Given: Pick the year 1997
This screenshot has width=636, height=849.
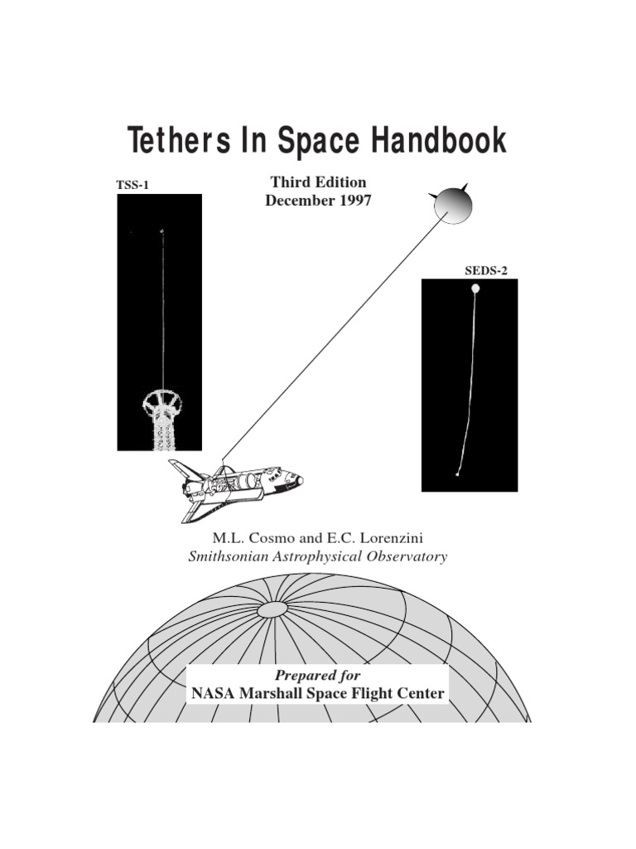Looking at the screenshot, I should (x=352, y=200).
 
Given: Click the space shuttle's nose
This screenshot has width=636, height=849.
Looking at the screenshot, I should (x=298, y=479).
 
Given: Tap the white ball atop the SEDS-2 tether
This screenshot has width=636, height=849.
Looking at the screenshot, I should (x=475, y=289).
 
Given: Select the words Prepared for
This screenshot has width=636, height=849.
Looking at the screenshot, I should (x=318, y=676).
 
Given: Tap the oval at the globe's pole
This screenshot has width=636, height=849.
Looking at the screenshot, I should (x=272, y=610).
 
